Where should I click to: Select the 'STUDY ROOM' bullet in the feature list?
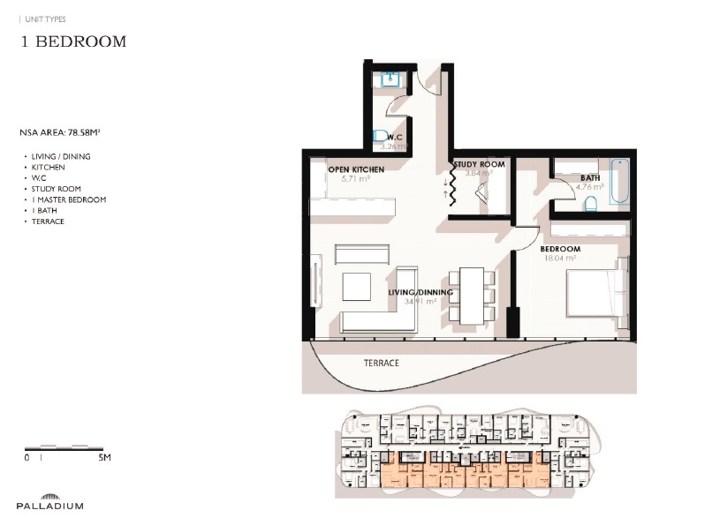tap(56, 189)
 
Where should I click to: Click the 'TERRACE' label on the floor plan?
tap(381, 363)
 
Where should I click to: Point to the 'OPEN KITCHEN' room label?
tap(355, 169)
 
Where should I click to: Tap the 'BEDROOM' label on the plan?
tap(560, 250)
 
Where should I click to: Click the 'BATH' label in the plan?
tap(590, 177)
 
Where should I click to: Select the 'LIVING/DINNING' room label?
tap(420, 292)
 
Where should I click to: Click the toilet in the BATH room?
tap(591, 204)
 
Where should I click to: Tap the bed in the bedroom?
tap(597, 292)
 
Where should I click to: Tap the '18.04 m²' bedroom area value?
tap(560, 259)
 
